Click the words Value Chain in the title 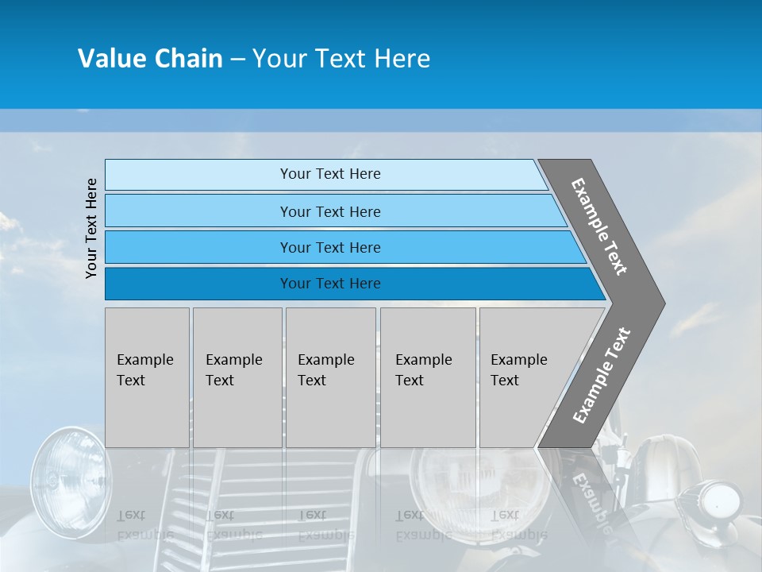click(150, 59)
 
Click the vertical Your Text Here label click(91, 228)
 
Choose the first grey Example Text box click(147, 377)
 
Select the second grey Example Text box click(237, 377)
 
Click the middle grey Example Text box click(330, 377)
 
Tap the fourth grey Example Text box click(428, 377)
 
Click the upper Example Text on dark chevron click(599, 226)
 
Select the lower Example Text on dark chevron click(602, 375)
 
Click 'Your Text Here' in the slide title click(341, 59)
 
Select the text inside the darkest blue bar click(330, 284)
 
